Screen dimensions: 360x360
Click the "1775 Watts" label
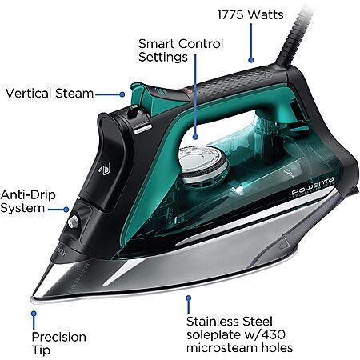[x=250, y=14]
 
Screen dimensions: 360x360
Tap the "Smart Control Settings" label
[x=181, y=50]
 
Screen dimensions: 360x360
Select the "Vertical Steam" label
[x=50, y=94]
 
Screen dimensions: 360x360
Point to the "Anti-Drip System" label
[x=28, y=202]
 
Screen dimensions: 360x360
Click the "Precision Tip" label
[x=58, y=343]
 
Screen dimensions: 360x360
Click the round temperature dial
[x=203, y=164]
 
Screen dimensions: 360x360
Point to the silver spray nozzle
[x=74, y=222]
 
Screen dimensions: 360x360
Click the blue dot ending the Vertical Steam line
[x=122, y=94]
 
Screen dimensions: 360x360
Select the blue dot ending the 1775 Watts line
[x=250, y=60]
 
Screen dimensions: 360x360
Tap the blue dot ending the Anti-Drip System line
[x=66, y=210]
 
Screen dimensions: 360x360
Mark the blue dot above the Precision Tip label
[x=34, y=314]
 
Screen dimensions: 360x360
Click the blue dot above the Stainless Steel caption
[x=189, y=298]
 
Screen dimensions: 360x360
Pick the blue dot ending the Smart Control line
[x=195, y=137]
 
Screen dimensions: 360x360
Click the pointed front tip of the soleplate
[x=31, y=299]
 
